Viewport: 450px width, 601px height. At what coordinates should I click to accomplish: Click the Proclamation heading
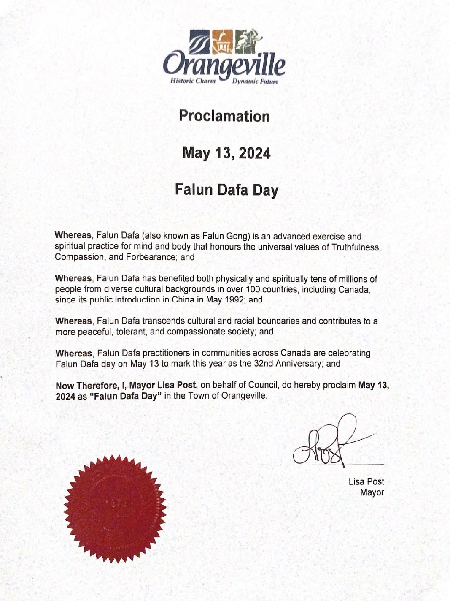tap(224, 116)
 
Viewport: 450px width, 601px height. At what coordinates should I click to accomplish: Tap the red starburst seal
tap(115, 509)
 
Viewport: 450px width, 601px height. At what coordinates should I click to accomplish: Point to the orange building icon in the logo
tap(222, 42)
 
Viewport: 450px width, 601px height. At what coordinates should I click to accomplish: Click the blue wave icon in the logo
tap(199, 42)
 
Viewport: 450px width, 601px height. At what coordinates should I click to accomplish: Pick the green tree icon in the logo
tap(246, 41)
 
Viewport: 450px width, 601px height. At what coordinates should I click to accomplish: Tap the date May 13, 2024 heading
tap(226, 153)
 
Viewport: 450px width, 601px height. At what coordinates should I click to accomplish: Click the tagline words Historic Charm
tap(193, 81)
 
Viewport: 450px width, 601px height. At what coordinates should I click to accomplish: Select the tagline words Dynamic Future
tap(255, 82)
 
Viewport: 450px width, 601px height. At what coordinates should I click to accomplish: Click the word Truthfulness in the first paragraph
tap(356, 247)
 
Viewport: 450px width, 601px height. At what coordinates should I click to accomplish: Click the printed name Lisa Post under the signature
tap(366, 481)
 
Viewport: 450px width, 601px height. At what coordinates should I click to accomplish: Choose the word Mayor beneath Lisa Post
tap(372, 492)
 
